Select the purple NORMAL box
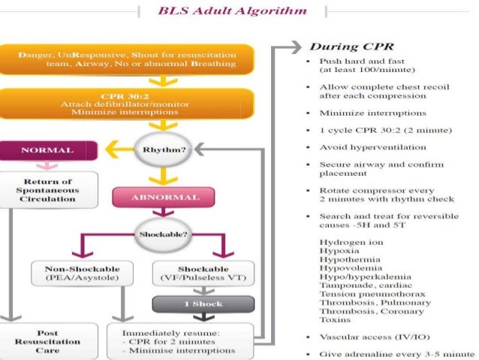(47, 150)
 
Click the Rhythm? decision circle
(165, 149)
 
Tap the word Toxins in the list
(336, 319)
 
